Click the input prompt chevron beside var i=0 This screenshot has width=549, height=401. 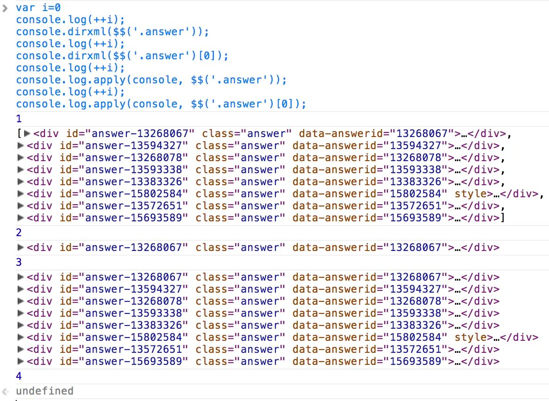(x=6, y=7)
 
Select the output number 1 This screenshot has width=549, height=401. (x=19, y=119)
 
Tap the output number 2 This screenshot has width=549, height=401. (x=19, y=232)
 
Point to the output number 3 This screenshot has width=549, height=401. (x=19, y=262)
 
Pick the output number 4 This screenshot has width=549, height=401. (x=19, y=376)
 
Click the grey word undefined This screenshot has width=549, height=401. (x=44, y=391)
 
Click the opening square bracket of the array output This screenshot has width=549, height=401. (x=19, y=134)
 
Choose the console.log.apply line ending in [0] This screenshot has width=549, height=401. (x=161, y=104)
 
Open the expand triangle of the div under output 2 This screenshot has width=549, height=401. (x=20, y=247)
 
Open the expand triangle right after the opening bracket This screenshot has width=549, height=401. (x=27, y=134)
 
